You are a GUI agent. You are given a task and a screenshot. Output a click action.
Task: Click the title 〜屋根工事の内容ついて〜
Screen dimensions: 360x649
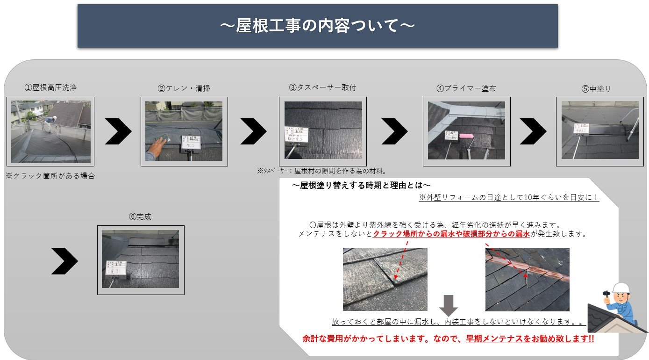[317, 26]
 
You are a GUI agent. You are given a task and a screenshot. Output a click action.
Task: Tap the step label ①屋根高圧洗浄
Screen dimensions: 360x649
[50, 87]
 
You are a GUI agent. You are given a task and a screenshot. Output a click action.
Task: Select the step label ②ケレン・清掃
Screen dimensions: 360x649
[184, 88]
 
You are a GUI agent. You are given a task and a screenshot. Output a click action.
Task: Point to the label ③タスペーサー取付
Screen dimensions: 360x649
[322, 87]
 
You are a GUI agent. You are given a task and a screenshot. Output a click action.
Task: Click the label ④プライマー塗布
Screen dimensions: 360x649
[466, 88]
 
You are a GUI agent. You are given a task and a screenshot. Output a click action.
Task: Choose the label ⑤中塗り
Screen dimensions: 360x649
[596, 89]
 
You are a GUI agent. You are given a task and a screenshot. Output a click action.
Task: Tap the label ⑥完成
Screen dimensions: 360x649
[140, 217]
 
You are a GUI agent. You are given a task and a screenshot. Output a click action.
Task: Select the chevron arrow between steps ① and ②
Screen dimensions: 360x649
[118, 131]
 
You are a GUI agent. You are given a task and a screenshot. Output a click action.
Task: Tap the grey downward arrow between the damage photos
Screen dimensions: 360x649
[449, 305]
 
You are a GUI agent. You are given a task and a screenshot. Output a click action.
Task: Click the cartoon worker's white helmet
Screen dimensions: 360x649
[620, 288]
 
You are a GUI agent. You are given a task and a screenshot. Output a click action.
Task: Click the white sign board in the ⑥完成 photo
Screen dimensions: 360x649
[116, 267]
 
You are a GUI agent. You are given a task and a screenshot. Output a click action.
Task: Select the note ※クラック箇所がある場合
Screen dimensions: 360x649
[50, 176]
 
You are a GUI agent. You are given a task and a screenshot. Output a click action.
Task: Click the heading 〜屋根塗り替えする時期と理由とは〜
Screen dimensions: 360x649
[361, 186]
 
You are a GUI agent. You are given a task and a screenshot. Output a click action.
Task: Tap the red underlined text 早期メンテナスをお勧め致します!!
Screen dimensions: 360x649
[530, 339]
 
